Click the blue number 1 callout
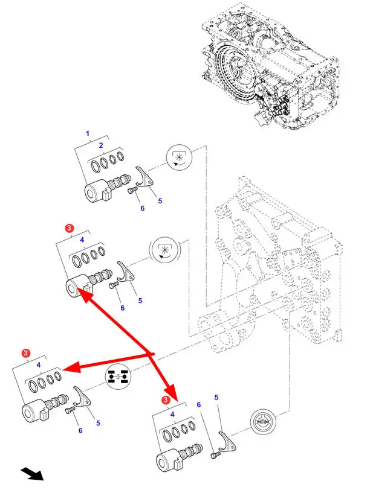pos(87,133)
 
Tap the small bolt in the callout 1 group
pos(132,191)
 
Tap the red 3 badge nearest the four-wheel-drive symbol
pos(26,352)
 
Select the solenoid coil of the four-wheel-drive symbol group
pos(34,414)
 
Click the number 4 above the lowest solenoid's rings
pos(173,414)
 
